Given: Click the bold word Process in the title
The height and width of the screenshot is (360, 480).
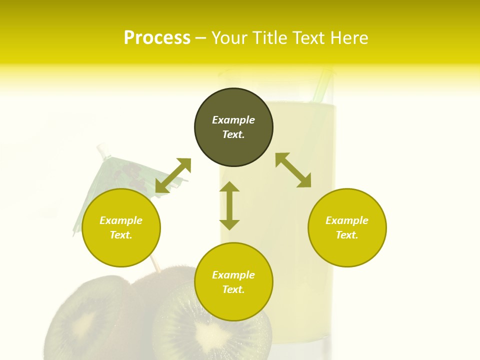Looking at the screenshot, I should [157, 38].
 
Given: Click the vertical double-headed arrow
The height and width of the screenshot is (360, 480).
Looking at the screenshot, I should [229, 205].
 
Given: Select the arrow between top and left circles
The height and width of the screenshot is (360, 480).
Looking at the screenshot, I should [173, 175].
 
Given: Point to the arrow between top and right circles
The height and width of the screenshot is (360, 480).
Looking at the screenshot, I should [293, 170].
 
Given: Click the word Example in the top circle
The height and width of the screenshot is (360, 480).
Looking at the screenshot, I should [233, 120].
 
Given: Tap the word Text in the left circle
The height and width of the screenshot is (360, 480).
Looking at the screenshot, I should [121, 235].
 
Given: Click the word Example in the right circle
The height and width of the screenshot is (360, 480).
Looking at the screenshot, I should [347, 220].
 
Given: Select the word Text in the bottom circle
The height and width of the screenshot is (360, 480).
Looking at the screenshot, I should [233, 289].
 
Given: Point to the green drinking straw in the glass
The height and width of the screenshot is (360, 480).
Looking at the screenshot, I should [322, 85].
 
